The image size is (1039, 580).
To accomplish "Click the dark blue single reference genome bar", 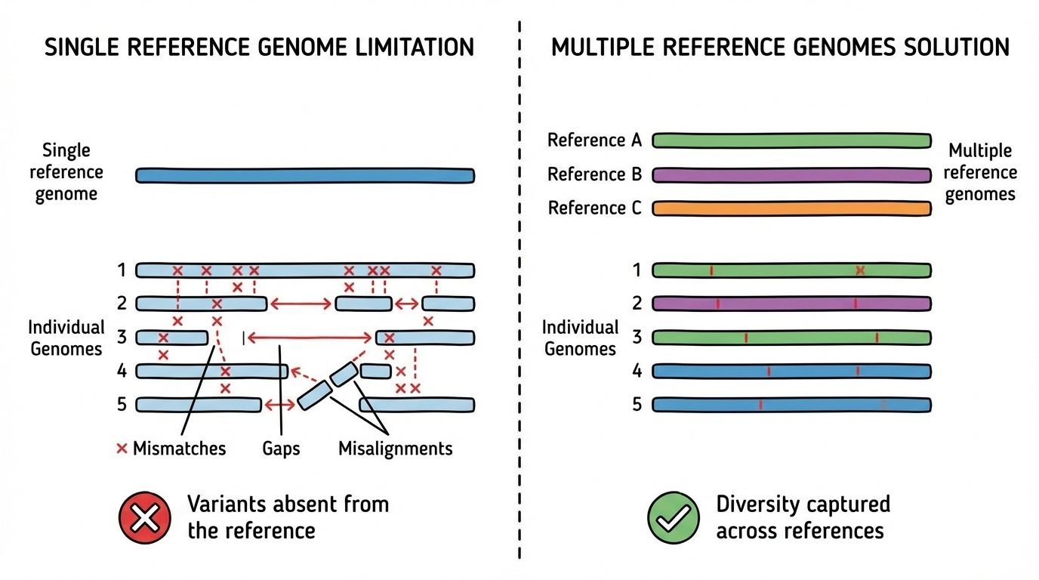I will point(305,175).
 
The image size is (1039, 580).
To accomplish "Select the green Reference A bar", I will point(791,141).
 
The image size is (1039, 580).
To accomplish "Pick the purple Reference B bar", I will point(791,175).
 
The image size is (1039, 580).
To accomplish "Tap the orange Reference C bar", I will point(791,208).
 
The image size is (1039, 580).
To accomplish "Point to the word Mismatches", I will point(179,449).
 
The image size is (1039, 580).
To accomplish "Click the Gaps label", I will point(281,449).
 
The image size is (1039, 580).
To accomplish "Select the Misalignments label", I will point(395,449).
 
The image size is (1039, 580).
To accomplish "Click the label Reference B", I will point(594,175).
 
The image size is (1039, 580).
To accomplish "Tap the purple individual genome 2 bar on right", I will point(791,304).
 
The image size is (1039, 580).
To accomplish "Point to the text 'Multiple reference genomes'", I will point(979,172).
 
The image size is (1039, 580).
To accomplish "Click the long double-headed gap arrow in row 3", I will point(310,338).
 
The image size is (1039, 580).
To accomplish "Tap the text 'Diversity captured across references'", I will point(802,517).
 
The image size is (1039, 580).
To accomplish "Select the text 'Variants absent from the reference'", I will point(288,517).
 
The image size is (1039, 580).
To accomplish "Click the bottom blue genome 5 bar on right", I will point(791,405).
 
